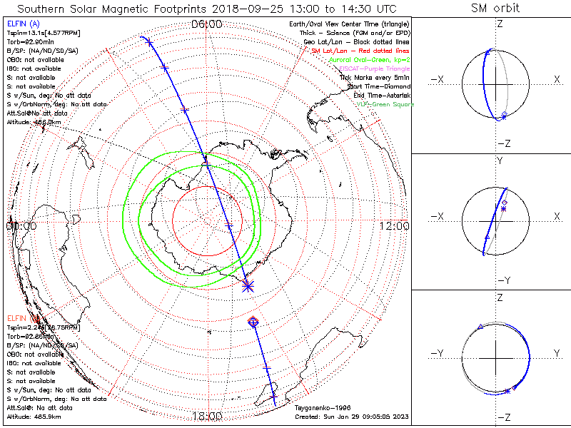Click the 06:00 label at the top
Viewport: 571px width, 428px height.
(208, 24)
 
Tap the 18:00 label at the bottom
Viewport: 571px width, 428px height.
(208, 416)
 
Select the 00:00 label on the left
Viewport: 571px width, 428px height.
(21, 225)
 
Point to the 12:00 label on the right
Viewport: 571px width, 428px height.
(395, 225)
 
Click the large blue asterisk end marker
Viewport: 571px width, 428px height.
(248, 286)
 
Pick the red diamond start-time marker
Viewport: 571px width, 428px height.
(253, 322)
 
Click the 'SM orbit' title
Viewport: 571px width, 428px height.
(495, 9)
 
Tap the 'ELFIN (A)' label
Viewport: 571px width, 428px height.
(23, 24)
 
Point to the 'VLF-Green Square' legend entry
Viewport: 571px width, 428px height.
(385, 104)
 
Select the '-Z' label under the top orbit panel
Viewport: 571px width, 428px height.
(504, 143)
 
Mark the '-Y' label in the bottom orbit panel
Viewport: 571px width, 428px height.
(439, 353)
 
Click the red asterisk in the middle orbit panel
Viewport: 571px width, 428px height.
(503, 209)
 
